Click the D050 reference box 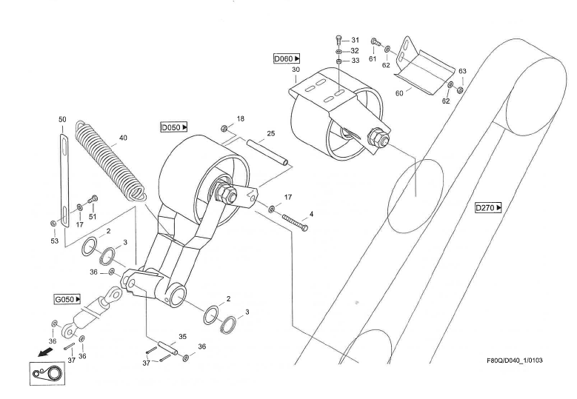174,127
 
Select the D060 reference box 287,58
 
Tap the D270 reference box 488,208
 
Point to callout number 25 271,134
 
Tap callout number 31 355,39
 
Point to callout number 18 240,118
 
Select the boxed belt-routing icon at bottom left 47,375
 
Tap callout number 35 182,336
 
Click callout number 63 462,71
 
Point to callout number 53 54,241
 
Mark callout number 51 93,217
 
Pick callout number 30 296,69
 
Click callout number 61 373,58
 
